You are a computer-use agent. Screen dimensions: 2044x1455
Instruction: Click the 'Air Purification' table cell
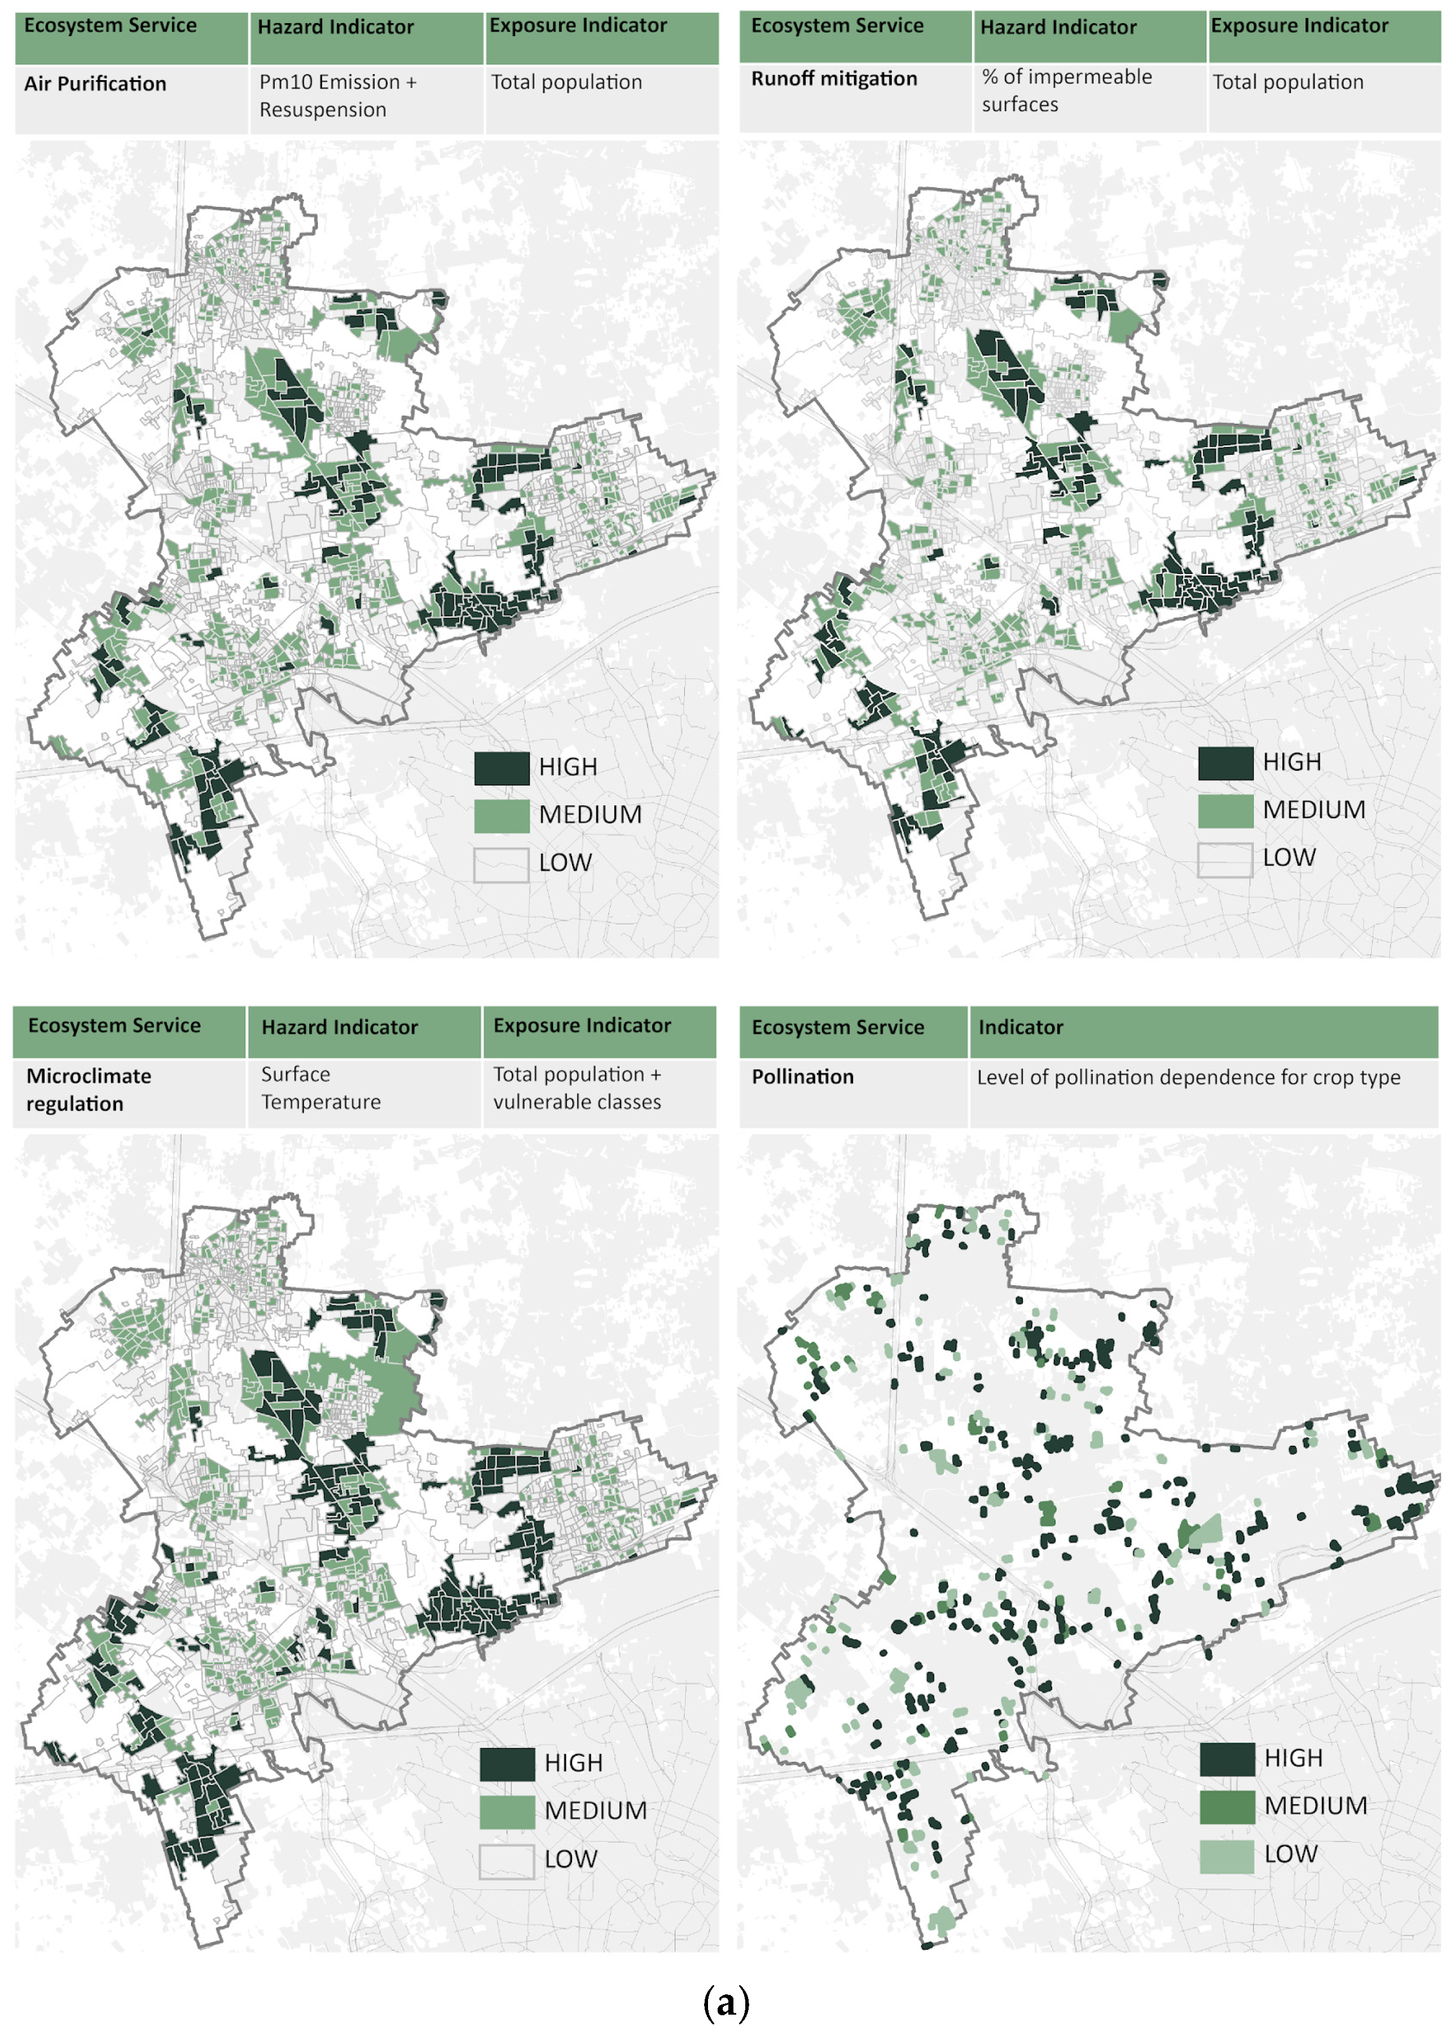point(95,84)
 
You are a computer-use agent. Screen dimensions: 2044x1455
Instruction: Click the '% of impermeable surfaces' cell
point(1066,90)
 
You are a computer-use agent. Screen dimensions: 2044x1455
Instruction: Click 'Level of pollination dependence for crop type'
point(1188,1077)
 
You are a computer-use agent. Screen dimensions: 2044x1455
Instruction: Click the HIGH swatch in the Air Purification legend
point(502,768)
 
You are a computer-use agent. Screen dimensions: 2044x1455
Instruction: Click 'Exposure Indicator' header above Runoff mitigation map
point(1299,26)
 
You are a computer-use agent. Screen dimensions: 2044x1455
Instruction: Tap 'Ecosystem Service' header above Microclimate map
point(114,1025)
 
